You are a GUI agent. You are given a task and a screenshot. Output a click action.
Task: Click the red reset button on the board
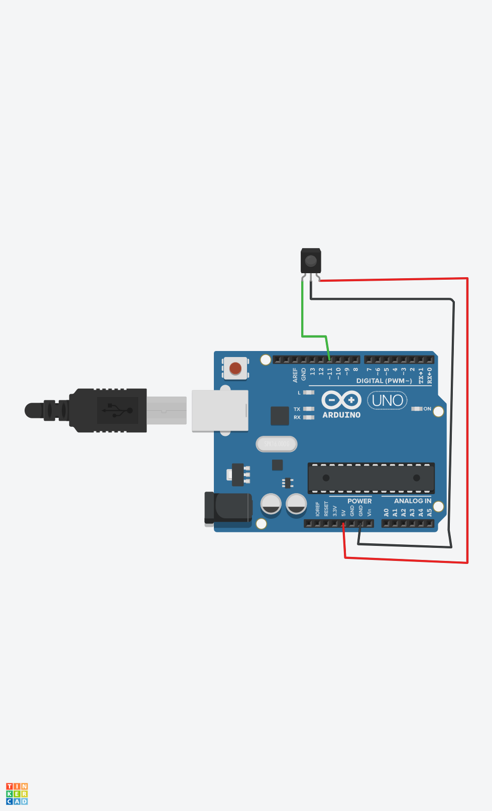point(235,368)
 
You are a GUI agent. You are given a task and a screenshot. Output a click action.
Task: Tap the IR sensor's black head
point(311,261)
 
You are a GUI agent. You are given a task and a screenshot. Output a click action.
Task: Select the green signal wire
point(302,311)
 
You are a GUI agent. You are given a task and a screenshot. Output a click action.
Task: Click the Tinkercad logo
point(17,793)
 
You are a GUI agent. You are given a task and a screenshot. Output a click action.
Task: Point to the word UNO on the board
point(387,401)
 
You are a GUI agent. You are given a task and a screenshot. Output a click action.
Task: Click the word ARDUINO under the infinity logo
point(341,415)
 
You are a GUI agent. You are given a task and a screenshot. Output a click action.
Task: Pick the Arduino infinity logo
point(341,400)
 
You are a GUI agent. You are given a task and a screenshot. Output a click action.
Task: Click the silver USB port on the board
point(220,411)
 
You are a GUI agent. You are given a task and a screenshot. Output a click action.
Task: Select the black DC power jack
point(228,508)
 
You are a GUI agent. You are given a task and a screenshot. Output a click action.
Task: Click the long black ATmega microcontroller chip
point(371,478)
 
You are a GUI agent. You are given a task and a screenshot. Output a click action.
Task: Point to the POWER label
point(359,501)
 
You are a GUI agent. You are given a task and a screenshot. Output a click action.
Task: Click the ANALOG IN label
point(412,501)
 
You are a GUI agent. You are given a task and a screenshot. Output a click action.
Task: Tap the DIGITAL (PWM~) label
point(384,381)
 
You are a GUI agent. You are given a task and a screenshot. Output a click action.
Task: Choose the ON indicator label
point(427,409)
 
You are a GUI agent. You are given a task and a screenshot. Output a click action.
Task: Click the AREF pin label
point(295,375)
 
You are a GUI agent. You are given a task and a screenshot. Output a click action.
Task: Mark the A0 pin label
point(386,513)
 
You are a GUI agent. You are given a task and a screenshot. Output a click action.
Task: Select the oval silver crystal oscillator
point(277,444)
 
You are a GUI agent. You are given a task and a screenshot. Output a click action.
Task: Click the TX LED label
point(297,409)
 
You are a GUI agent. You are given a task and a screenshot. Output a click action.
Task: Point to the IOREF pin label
point(317,509)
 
